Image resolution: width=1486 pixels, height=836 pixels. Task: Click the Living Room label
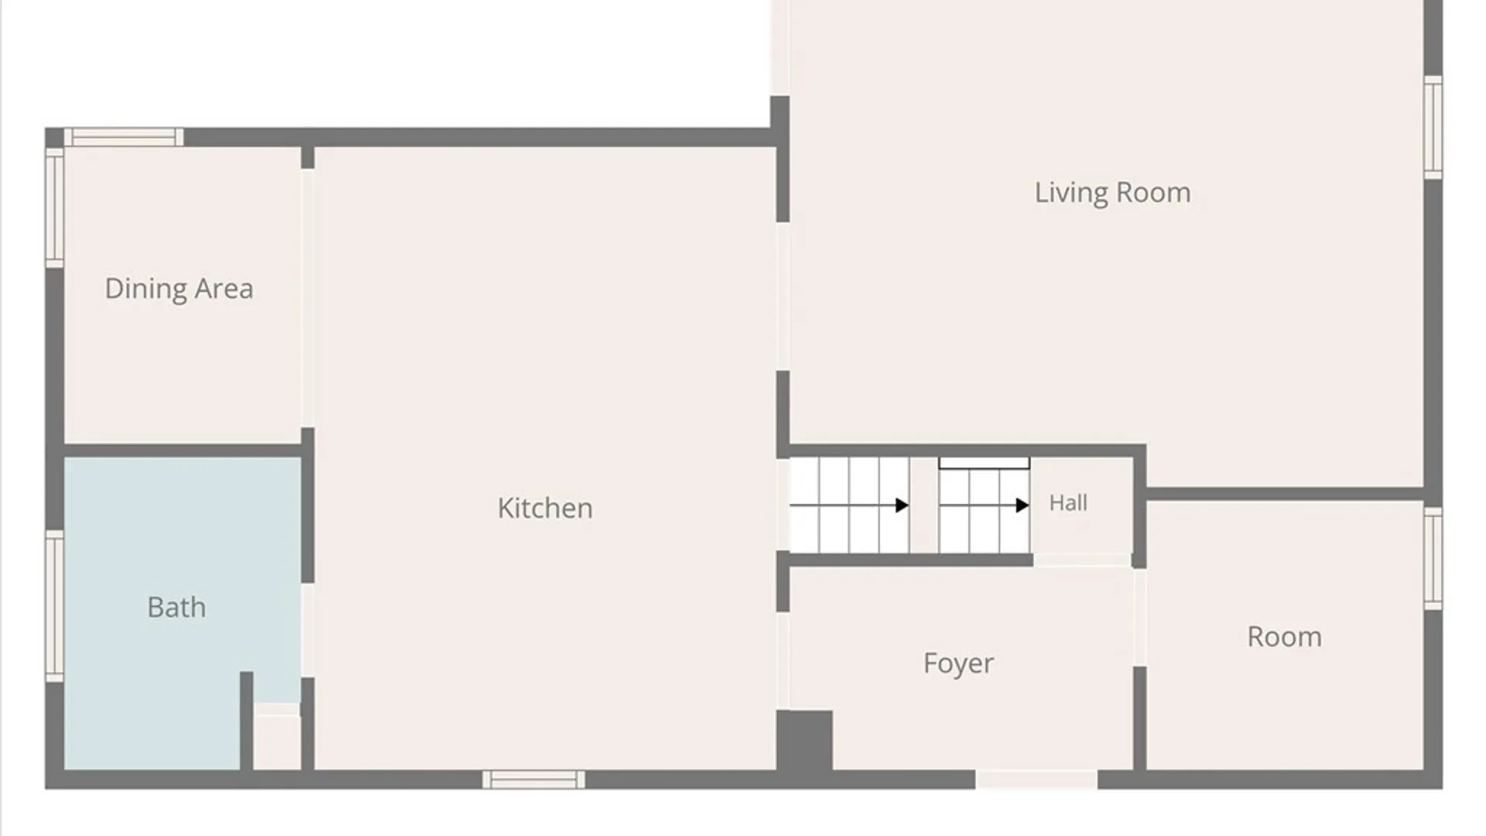point(1112,193)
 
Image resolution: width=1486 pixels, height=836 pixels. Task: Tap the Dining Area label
point(179,289)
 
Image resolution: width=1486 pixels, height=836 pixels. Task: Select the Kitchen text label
point(545,508)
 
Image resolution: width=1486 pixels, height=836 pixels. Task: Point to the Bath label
point(176,607)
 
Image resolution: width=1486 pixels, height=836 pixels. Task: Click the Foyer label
point(958,663)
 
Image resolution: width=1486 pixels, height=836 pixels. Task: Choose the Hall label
point(1068,503)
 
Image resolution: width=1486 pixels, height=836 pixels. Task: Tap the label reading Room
point(1284,637)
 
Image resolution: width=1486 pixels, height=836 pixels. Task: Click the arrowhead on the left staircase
point(902,505)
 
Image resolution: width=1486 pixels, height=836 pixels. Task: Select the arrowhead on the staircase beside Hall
point(1022,505)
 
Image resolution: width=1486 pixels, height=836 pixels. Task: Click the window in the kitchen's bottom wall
point(533,779)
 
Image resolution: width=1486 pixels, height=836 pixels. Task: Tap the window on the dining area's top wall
point(124,137)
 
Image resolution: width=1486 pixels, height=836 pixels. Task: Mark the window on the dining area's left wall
point(54,207)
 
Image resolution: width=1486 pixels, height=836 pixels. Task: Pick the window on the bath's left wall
point(54,606)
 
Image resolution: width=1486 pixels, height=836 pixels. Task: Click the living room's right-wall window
point(1433,128)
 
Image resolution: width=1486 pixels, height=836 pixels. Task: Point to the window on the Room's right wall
point(1433,558)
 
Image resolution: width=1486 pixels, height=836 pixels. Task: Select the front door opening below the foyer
point(1036,779)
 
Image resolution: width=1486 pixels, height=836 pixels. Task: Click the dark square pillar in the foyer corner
point(805,740)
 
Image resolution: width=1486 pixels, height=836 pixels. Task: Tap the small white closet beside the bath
point(276,737)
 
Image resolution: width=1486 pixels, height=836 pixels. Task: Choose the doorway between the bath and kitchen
point(307,630)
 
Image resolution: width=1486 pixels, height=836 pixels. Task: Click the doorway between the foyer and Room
point(1140,617)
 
